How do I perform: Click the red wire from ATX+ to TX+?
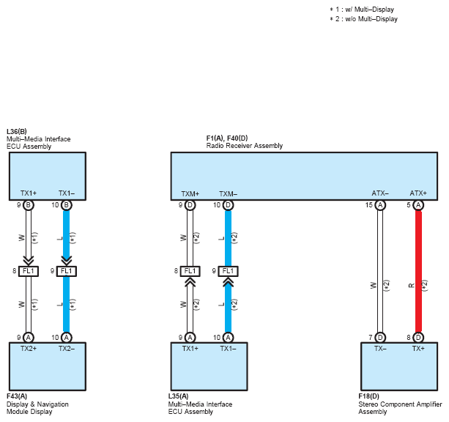(418, 271)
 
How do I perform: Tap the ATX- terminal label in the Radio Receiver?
(380, 193)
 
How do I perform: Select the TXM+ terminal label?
(190, 194)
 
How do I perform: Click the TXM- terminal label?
(229, 194)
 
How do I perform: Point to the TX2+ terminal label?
(29, 349)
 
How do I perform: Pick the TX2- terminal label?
(67, 349)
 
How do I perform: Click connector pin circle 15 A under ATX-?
(380, 205)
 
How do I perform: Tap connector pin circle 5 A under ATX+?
(418, 205)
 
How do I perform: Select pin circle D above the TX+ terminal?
(418, 338)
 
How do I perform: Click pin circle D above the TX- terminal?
(380, 338)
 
